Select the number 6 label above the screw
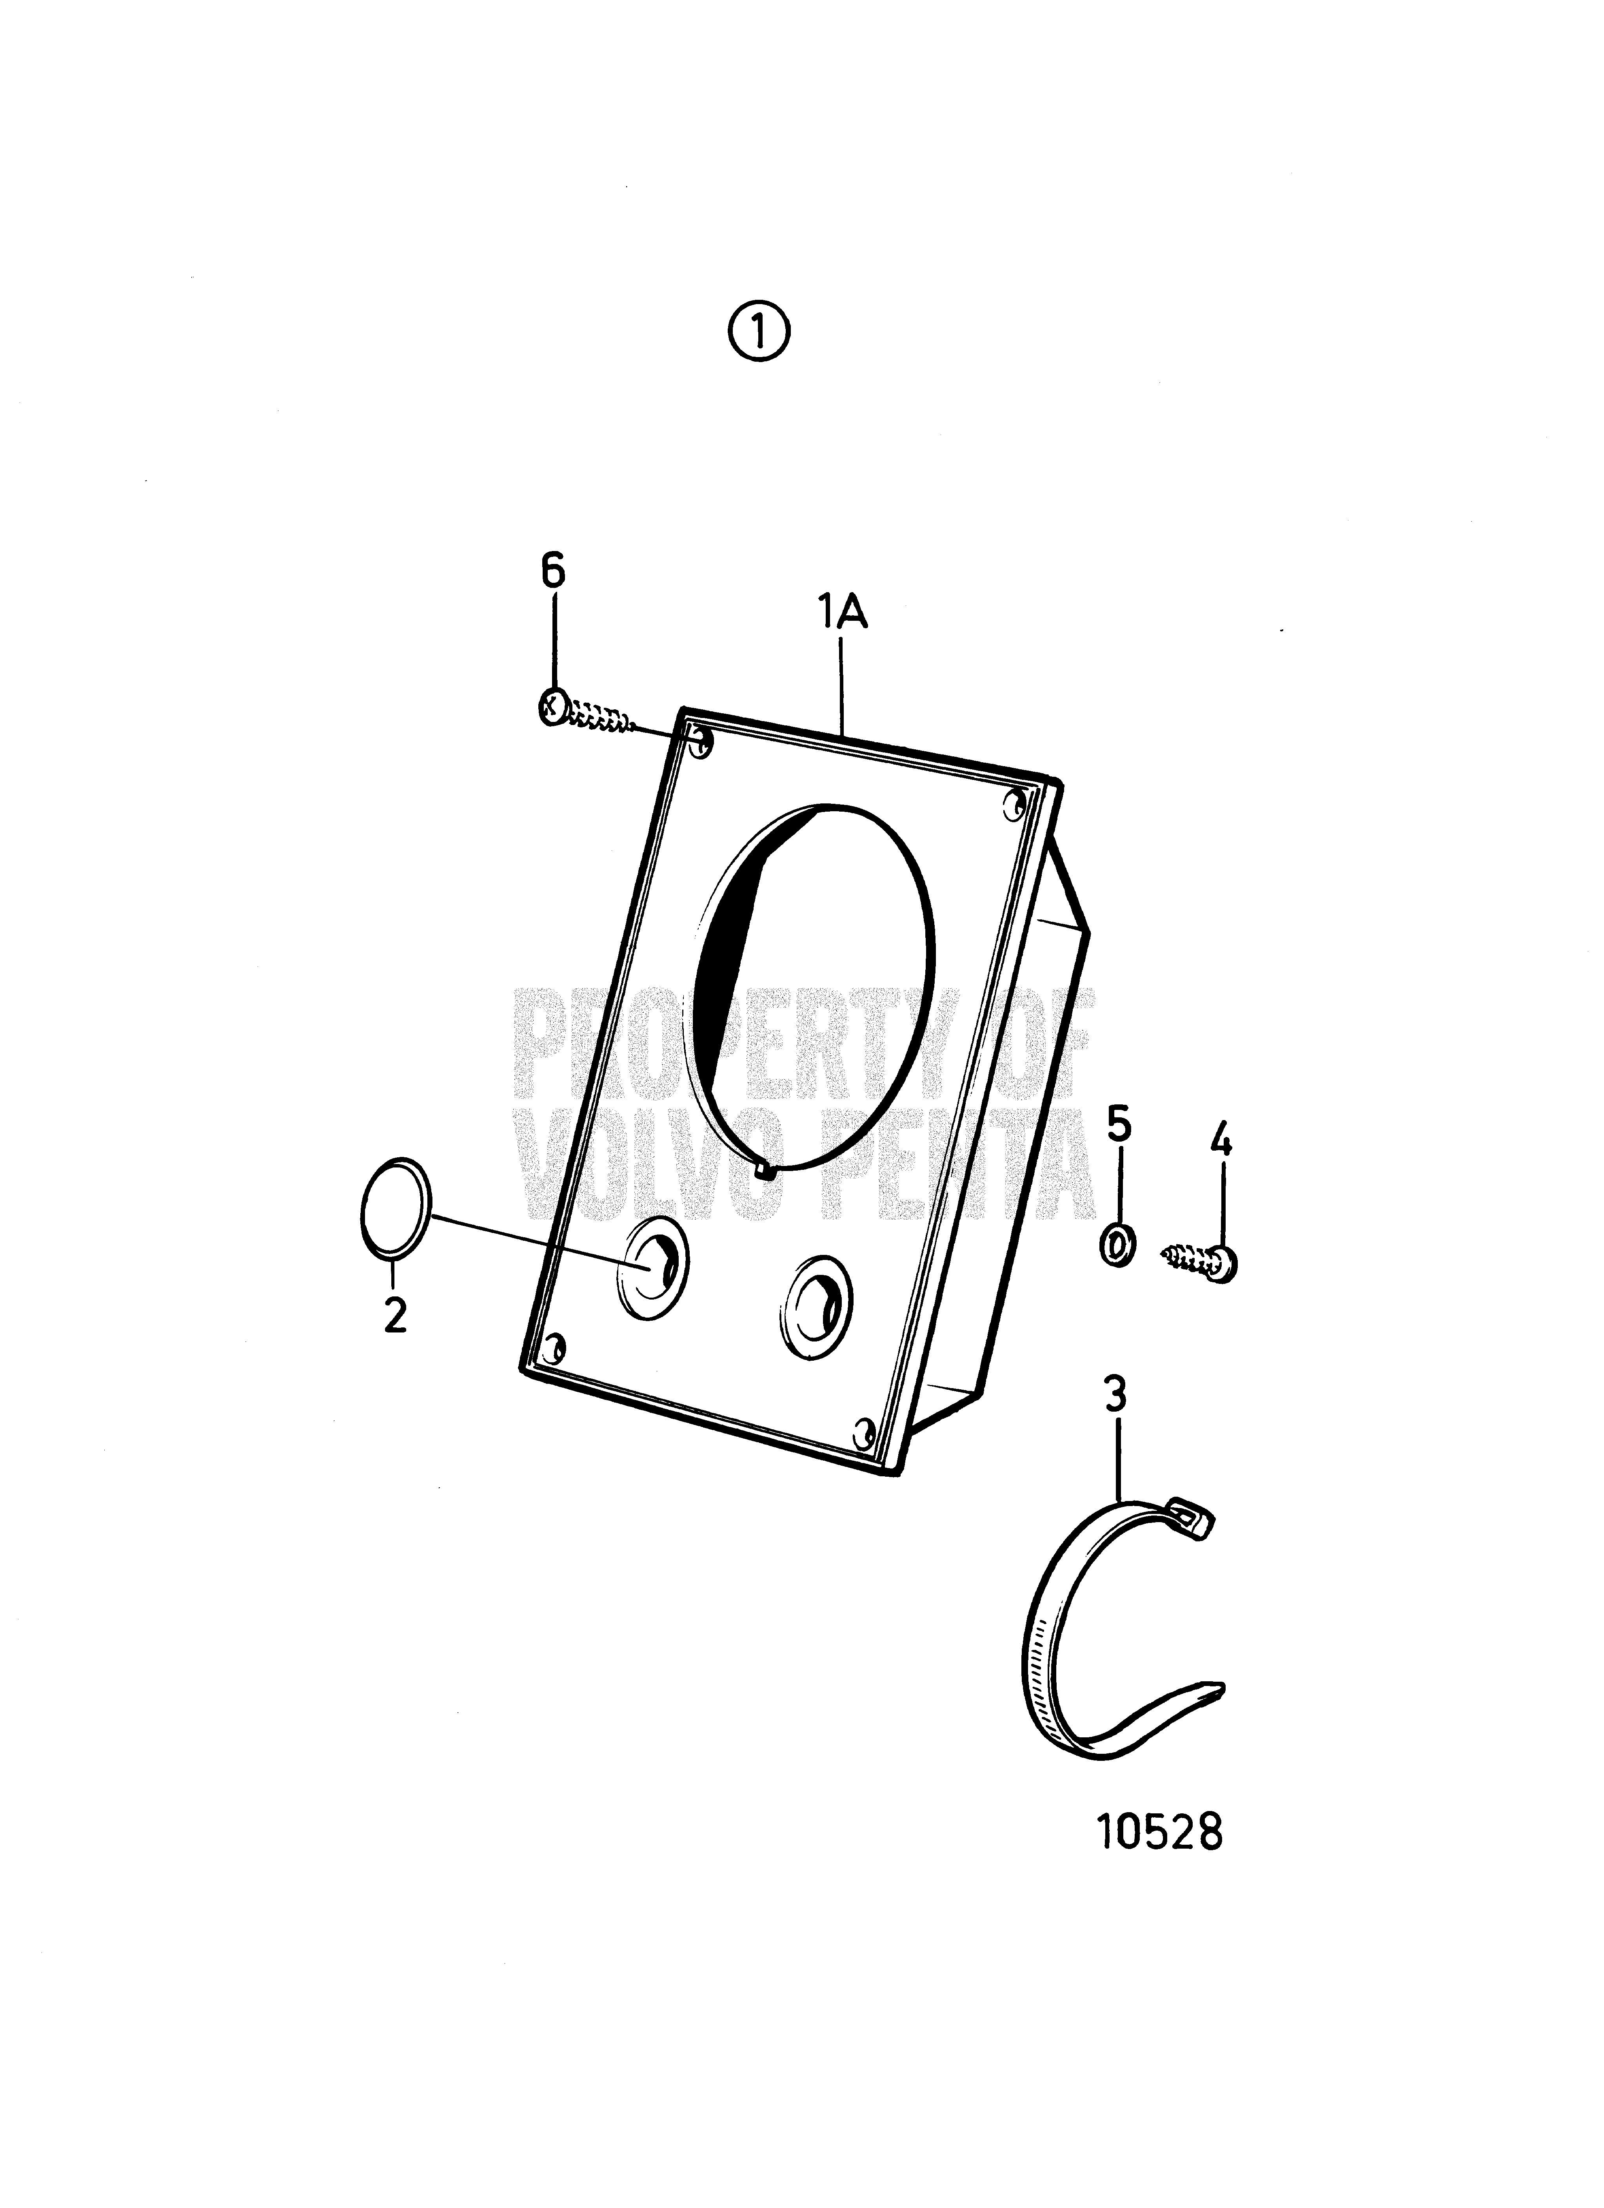(553, 573)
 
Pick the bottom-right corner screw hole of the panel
(863, 1431)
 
